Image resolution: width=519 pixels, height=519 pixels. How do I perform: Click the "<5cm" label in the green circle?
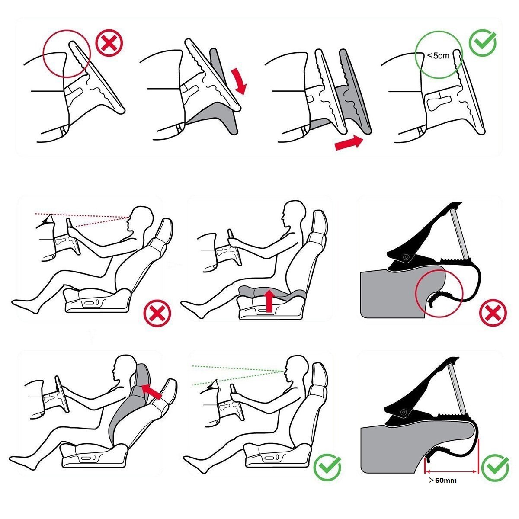coord(438,55)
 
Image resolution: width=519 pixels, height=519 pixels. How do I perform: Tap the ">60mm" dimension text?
coord(443,480)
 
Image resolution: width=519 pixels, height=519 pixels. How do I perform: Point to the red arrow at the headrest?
coord(151,392)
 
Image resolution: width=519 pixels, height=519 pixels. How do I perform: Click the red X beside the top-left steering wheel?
coord(109,44)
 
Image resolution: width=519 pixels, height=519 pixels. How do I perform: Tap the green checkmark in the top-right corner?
coord(482,43)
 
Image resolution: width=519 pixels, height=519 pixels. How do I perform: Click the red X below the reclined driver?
coord(157,313)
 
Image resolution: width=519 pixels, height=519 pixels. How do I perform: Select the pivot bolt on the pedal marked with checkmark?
coord(404,412)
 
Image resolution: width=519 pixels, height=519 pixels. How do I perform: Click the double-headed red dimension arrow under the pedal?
coord(451,471)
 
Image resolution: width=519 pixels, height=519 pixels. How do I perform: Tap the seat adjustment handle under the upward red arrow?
coord(265,311)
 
